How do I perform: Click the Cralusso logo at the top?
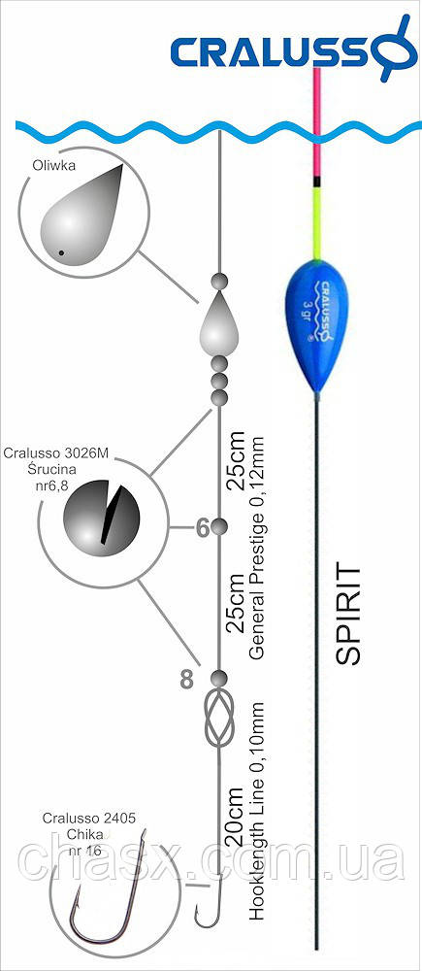(291, 49)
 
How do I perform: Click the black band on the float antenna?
(317, 182)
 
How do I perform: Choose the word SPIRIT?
(349, 614)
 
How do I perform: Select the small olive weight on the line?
(218, 322)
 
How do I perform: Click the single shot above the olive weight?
(219, 281)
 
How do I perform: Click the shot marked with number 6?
(219, 527)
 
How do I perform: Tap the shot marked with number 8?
(219, 678)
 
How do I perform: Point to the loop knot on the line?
(219, 718)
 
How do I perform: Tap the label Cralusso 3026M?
(56, 453)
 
